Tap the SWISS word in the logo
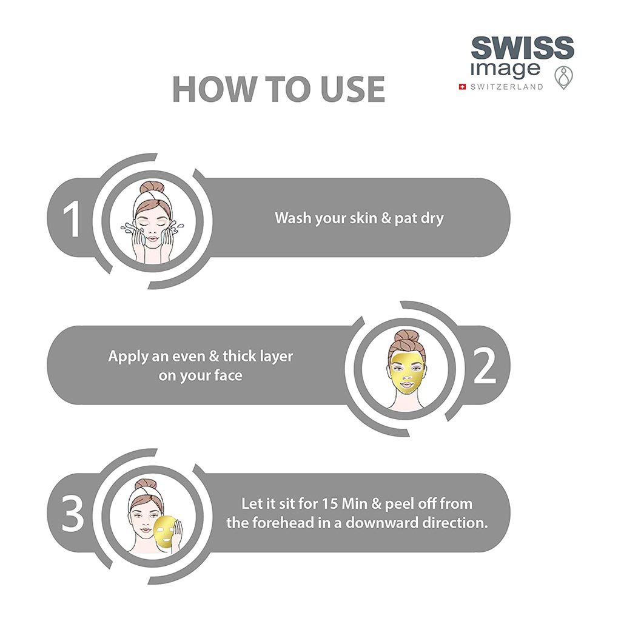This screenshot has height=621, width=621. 523,47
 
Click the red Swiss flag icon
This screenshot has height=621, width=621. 462,87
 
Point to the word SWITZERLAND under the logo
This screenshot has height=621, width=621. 507,87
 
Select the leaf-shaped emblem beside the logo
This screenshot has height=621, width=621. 563,78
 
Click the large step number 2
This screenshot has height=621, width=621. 485,366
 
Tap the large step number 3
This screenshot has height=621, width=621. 72,514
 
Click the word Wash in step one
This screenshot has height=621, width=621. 293,218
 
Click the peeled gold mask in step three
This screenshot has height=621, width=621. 167,532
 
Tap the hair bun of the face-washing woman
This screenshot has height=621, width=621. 153,187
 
